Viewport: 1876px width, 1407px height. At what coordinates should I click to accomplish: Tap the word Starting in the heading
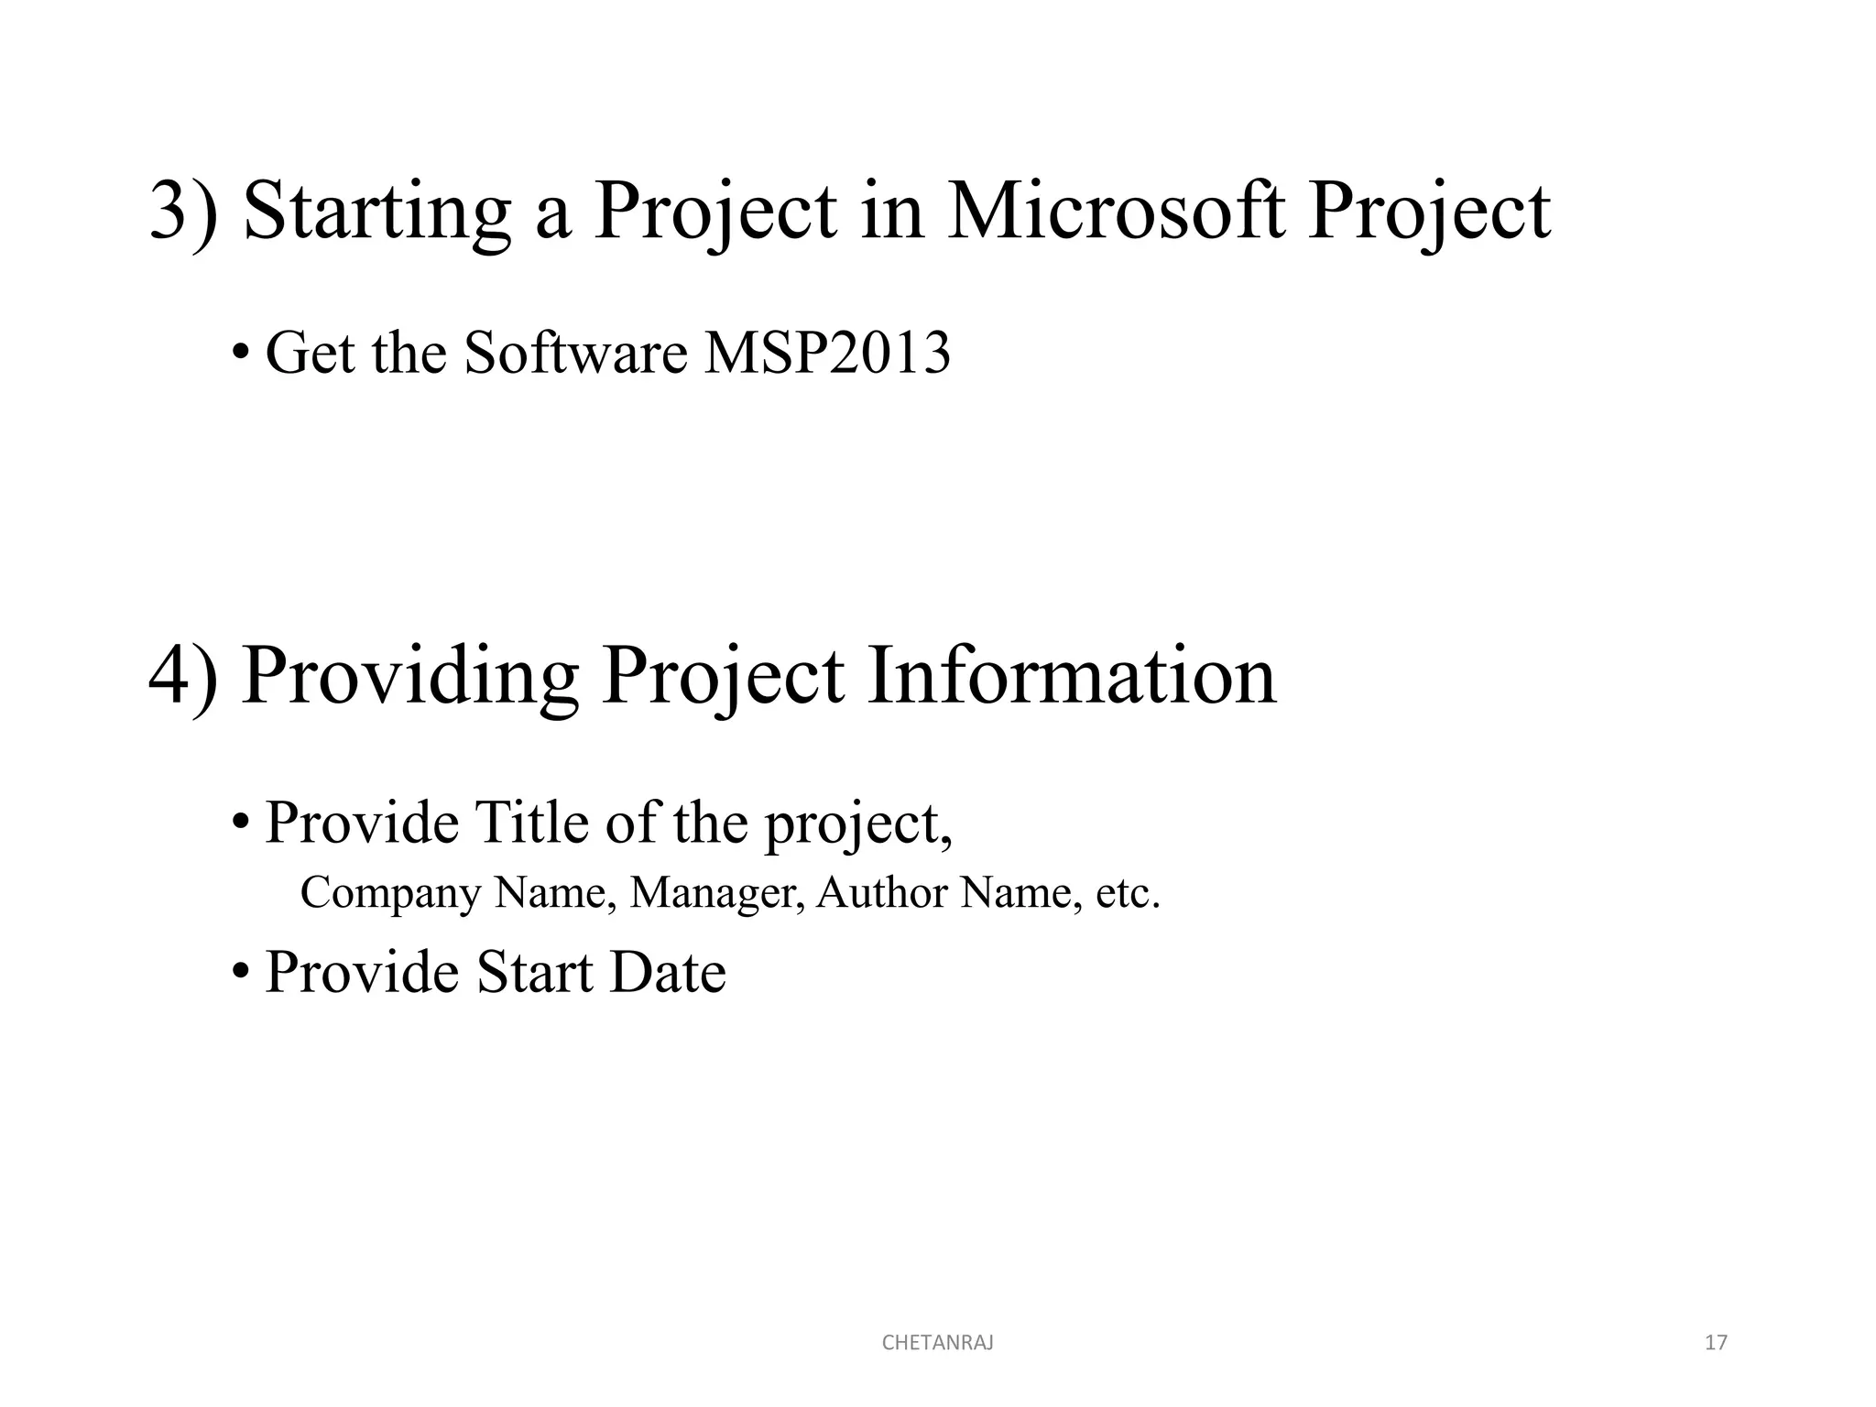coord(376,213)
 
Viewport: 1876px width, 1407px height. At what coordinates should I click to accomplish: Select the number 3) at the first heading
coord(183,213)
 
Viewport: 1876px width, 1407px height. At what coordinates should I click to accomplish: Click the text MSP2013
coord(827,353)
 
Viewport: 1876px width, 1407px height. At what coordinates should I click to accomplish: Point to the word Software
coord(575,353)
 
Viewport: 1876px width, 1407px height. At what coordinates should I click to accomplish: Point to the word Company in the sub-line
coord(390,893)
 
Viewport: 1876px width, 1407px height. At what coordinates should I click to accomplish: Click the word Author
coord(881,893)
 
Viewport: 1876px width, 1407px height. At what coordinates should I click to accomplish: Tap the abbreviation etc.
coord(1128,893)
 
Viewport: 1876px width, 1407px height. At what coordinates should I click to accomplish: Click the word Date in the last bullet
coord(668,972)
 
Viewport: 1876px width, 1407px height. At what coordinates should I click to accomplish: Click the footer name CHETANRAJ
coord(937,1343)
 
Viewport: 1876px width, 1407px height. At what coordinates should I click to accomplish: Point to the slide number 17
coord(1716,1343)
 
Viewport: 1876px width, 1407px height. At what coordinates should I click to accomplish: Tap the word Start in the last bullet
coord(534,972)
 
